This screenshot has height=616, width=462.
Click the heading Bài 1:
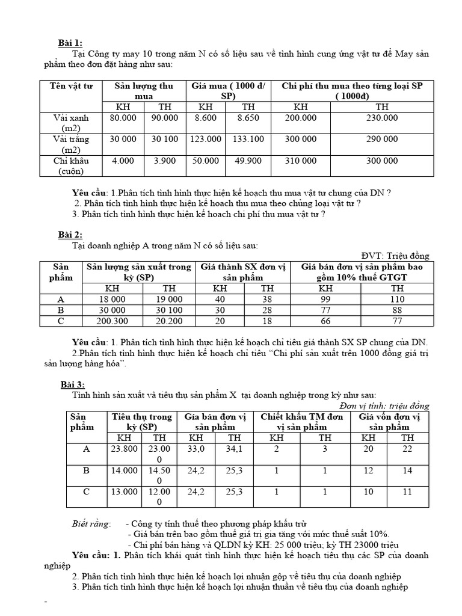click(x=70, y=42)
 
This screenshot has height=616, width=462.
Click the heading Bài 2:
click(x=70, y=235)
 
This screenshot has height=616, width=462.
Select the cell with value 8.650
click(x=248, y=118)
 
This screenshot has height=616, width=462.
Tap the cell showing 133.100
click(x=248, y=139)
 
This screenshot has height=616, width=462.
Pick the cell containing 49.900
click(x=248, y=161)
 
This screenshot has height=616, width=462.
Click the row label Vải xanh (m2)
click(x=71, y=123)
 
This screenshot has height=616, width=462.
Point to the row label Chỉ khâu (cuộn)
click(x=71, y=165)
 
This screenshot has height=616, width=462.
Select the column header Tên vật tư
click(x=71, y=86)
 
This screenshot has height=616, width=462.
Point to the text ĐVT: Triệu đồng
click(x=395, y=256)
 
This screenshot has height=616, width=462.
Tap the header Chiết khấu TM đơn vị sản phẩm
click(x=301, y=422)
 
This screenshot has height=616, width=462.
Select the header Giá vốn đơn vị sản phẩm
click(x=389, y=422)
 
